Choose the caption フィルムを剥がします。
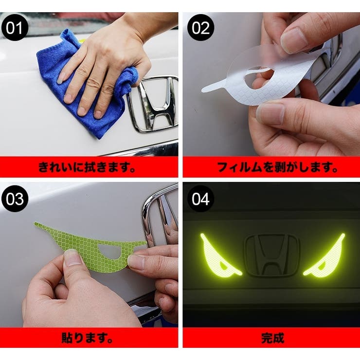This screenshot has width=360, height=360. point(271,168)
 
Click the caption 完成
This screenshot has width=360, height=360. point(271,338)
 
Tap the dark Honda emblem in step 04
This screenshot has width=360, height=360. point(271,255)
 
